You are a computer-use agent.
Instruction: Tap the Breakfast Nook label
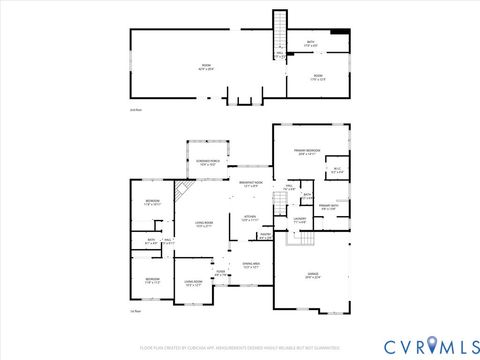(x=252, y=183)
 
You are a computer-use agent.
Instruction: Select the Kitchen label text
(x=251, y=218)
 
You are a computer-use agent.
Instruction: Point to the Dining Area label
(x=251, y=265)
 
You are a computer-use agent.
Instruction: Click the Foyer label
(x=220, y=272)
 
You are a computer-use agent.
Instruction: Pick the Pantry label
(x=265, y=237)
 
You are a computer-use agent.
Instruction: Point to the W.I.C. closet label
(x=337, y=170)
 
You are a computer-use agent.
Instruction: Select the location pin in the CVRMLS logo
(x=431, y=345)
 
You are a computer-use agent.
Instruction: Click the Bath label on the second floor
(x=310, y=44)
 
